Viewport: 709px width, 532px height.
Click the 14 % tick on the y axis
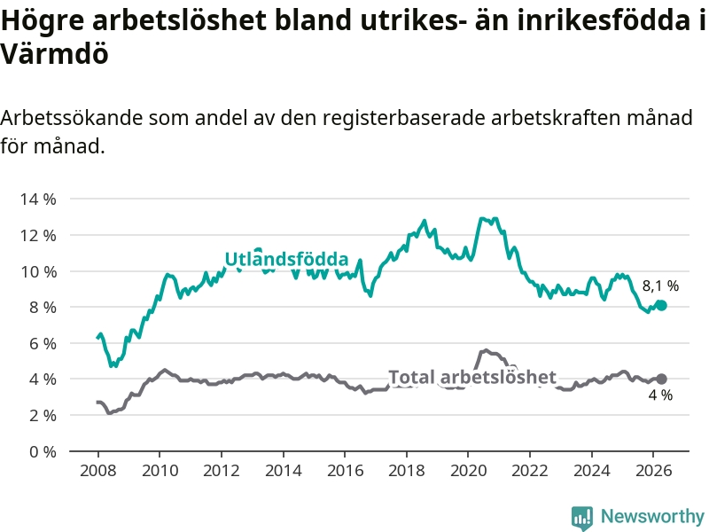click(x=38, y=199)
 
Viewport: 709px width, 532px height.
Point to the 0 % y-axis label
click(x=43, y=451)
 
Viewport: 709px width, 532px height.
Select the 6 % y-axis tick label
click(x=43, y=343)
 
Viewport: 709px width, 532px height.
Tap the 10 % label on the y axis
click(x=38, y=272)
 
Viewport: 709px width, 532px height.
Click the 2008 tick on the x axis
click(x=98, y=471)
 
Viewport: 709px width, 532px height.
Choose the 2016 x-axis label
click(x=345, y=471)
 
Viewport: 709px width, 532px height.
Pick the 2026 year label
click(x=653, y=471)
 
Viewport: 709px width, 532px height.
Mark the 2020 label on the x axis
click(x=469, y=471)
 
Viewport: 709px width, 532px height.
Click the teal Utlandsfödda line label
click(x=286, y=259)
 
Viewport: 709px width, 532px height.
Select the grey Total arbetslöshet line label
click(x=472, y=377)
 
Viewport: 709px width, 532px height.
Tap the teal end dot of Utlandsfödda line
click(x=662, y=306)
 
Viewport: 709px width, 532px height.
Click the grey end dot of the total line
click(x=661, y=379)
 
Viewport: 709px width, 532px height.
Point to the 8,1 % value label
click(x=660, y=286)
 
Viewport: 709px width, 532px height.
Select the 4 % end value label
click(x=660, y=395)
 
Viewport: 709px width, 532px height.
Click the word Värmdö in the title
click(x=54, y=54)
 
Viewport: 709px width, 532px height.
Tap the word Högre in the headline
click(x=43, y=20)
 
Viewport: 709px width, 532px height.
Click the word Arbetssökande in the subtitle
click(x=72, y=118)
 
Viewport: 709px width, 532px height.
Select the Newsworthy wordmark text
click(x=652, y=516)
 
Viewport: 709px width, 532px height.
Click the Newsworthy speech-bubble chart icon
click(x=582, y=518)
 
